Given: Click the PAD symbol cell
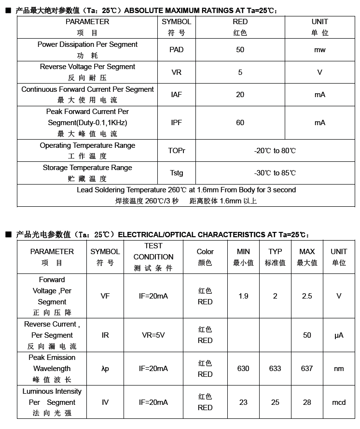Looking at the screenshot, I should point(177,50).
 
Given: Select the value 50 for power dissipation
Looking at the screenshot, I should point(240,50).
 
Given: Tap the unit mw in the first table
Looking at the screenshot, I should point(319,50).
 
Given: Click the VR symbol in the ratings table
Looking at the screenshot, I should point(177,72).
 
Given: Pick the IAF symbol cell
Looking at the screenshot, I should point(177,95).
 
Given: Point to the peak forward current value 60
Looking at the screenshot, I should point(240,123).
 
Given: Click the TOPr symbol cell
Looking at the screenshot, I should point(177,151).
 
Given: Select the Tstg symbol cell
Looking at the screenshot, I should point(177,173).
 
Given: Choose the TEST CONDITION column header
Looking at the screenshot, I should point(153,257).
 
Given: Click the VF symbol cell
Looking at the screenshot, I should point(105,296).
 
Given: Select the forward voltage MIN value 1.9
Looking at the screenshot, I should point(243,296).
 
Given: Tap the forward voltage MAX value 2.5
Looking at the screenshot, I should point(307,296).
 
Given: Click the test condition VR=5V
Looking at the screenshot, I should point(153,335).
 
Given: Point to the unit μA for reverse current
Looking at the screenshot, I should point(339,335).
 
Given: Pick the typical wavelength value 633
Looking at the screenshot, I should point(275,369).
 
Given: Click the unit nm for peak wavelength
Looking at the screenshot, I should point(339,369).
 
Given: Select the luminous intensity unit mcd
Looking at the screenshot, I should point(339,402).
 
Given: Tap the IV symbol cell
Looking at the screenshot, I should point(105,402).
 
